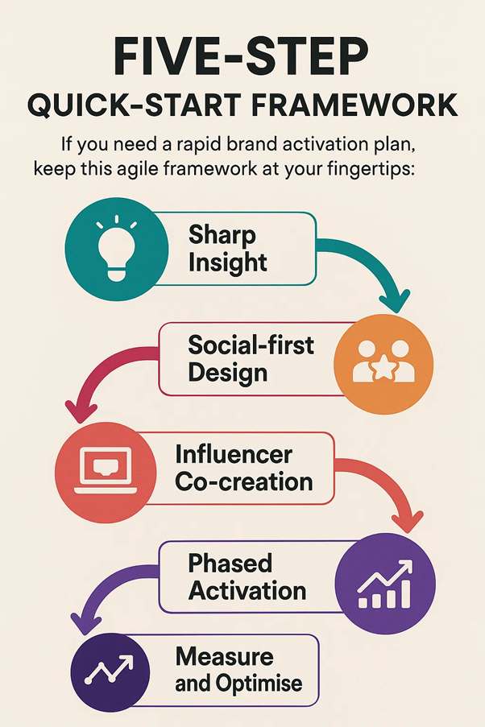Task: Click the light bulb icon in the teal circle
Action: [116, 248]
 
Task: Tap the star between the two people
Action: [383, 369]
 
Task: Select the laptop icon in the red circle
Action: [106, 471]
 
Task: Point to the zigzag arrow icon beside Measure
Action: [110, 670]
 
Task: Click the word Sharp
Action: [222, 234]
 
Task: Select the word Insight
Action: [227, 263]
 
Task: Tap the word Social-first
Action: [251, 345]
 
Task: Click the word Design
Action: [228, 374]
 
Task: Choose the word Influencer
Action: [234, 454]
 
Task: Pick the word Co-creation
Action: [244, 482]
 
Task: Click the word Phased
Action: [230, 564]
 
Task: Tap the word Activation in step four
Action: [247, 591]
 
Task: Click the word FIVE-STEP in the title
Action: [242, 56]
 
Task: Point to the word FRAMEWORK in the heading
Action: [354, 105]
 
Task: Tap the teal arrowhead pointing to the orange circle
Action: [395, 301]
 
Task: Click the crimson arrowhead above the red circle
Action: [81, 411]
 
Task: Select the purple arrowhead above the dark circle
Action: [85, 623]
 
